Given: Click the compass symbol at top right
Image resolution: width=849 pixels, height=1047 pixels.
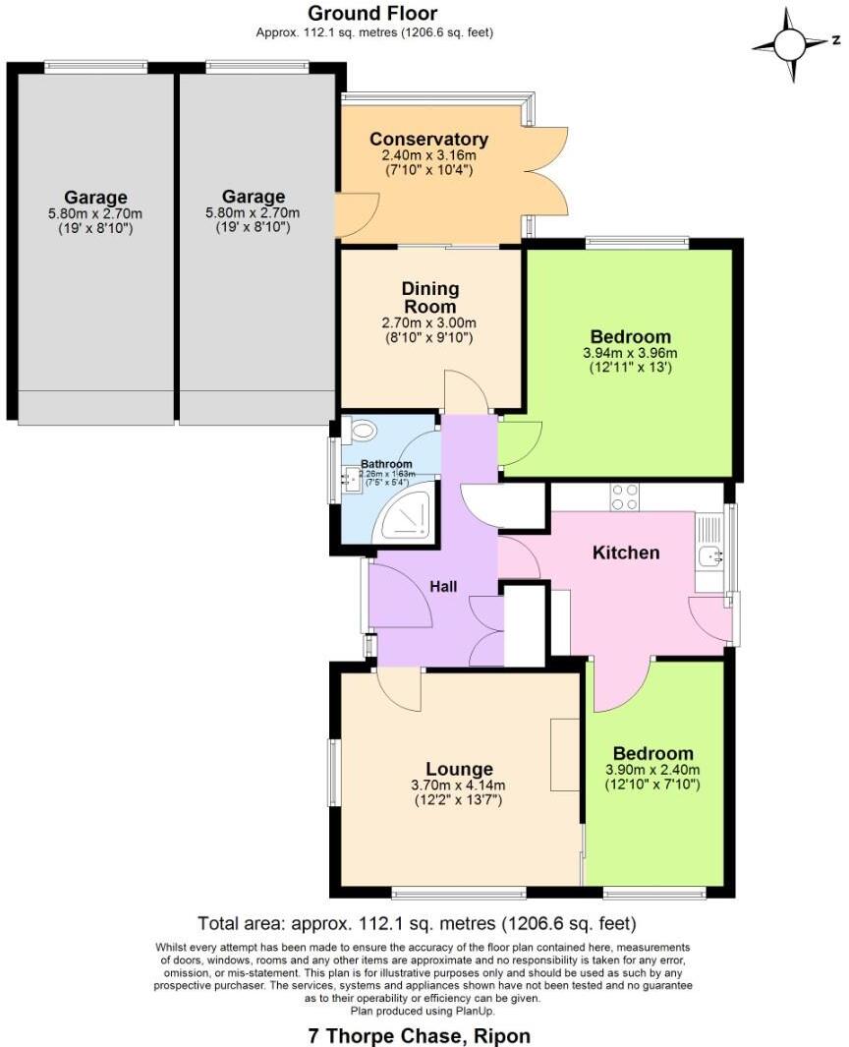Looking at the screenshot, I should click(790, 45).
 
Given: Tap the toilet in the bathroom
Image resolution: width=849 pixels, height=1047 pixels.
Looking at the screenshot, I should click(360, 430).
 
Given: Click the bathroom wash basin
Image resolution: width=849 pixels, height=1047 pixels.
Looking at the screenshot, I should click(351, 481).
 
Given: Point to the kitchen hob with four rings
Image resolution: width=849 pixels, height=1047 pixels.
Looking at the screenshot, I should click(624, 497).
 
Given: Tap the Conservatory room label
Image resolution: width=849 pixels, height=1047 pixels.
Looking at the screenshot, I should click(428, 140).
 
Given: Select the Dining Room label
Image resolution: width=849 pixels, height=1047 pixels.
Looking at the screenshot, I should click(429, 297).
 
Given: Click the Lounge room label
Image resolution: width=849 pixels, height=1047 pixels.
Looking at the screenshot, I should click(459, 769).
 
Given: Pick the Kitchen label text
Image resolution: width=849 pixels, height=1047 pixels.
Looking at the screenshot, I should click(626, 553).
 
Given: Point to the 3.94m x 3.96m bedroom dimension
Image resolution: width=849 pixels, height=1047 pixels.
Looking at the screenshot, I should click(630, 353).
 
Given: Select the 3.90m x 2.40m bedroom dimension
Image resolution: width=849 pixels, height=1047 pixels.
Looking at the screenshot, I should click(652, 771).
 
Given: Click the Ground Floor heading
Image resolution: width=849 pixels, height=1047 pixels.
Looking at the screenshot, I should click(373, 14).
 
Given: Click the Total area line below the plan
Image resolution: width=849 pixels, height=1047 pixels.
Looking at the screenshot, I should click(417, 924).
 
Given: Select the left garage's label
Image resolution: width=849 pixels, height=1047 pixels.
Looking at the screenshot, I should click(95, 198).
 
